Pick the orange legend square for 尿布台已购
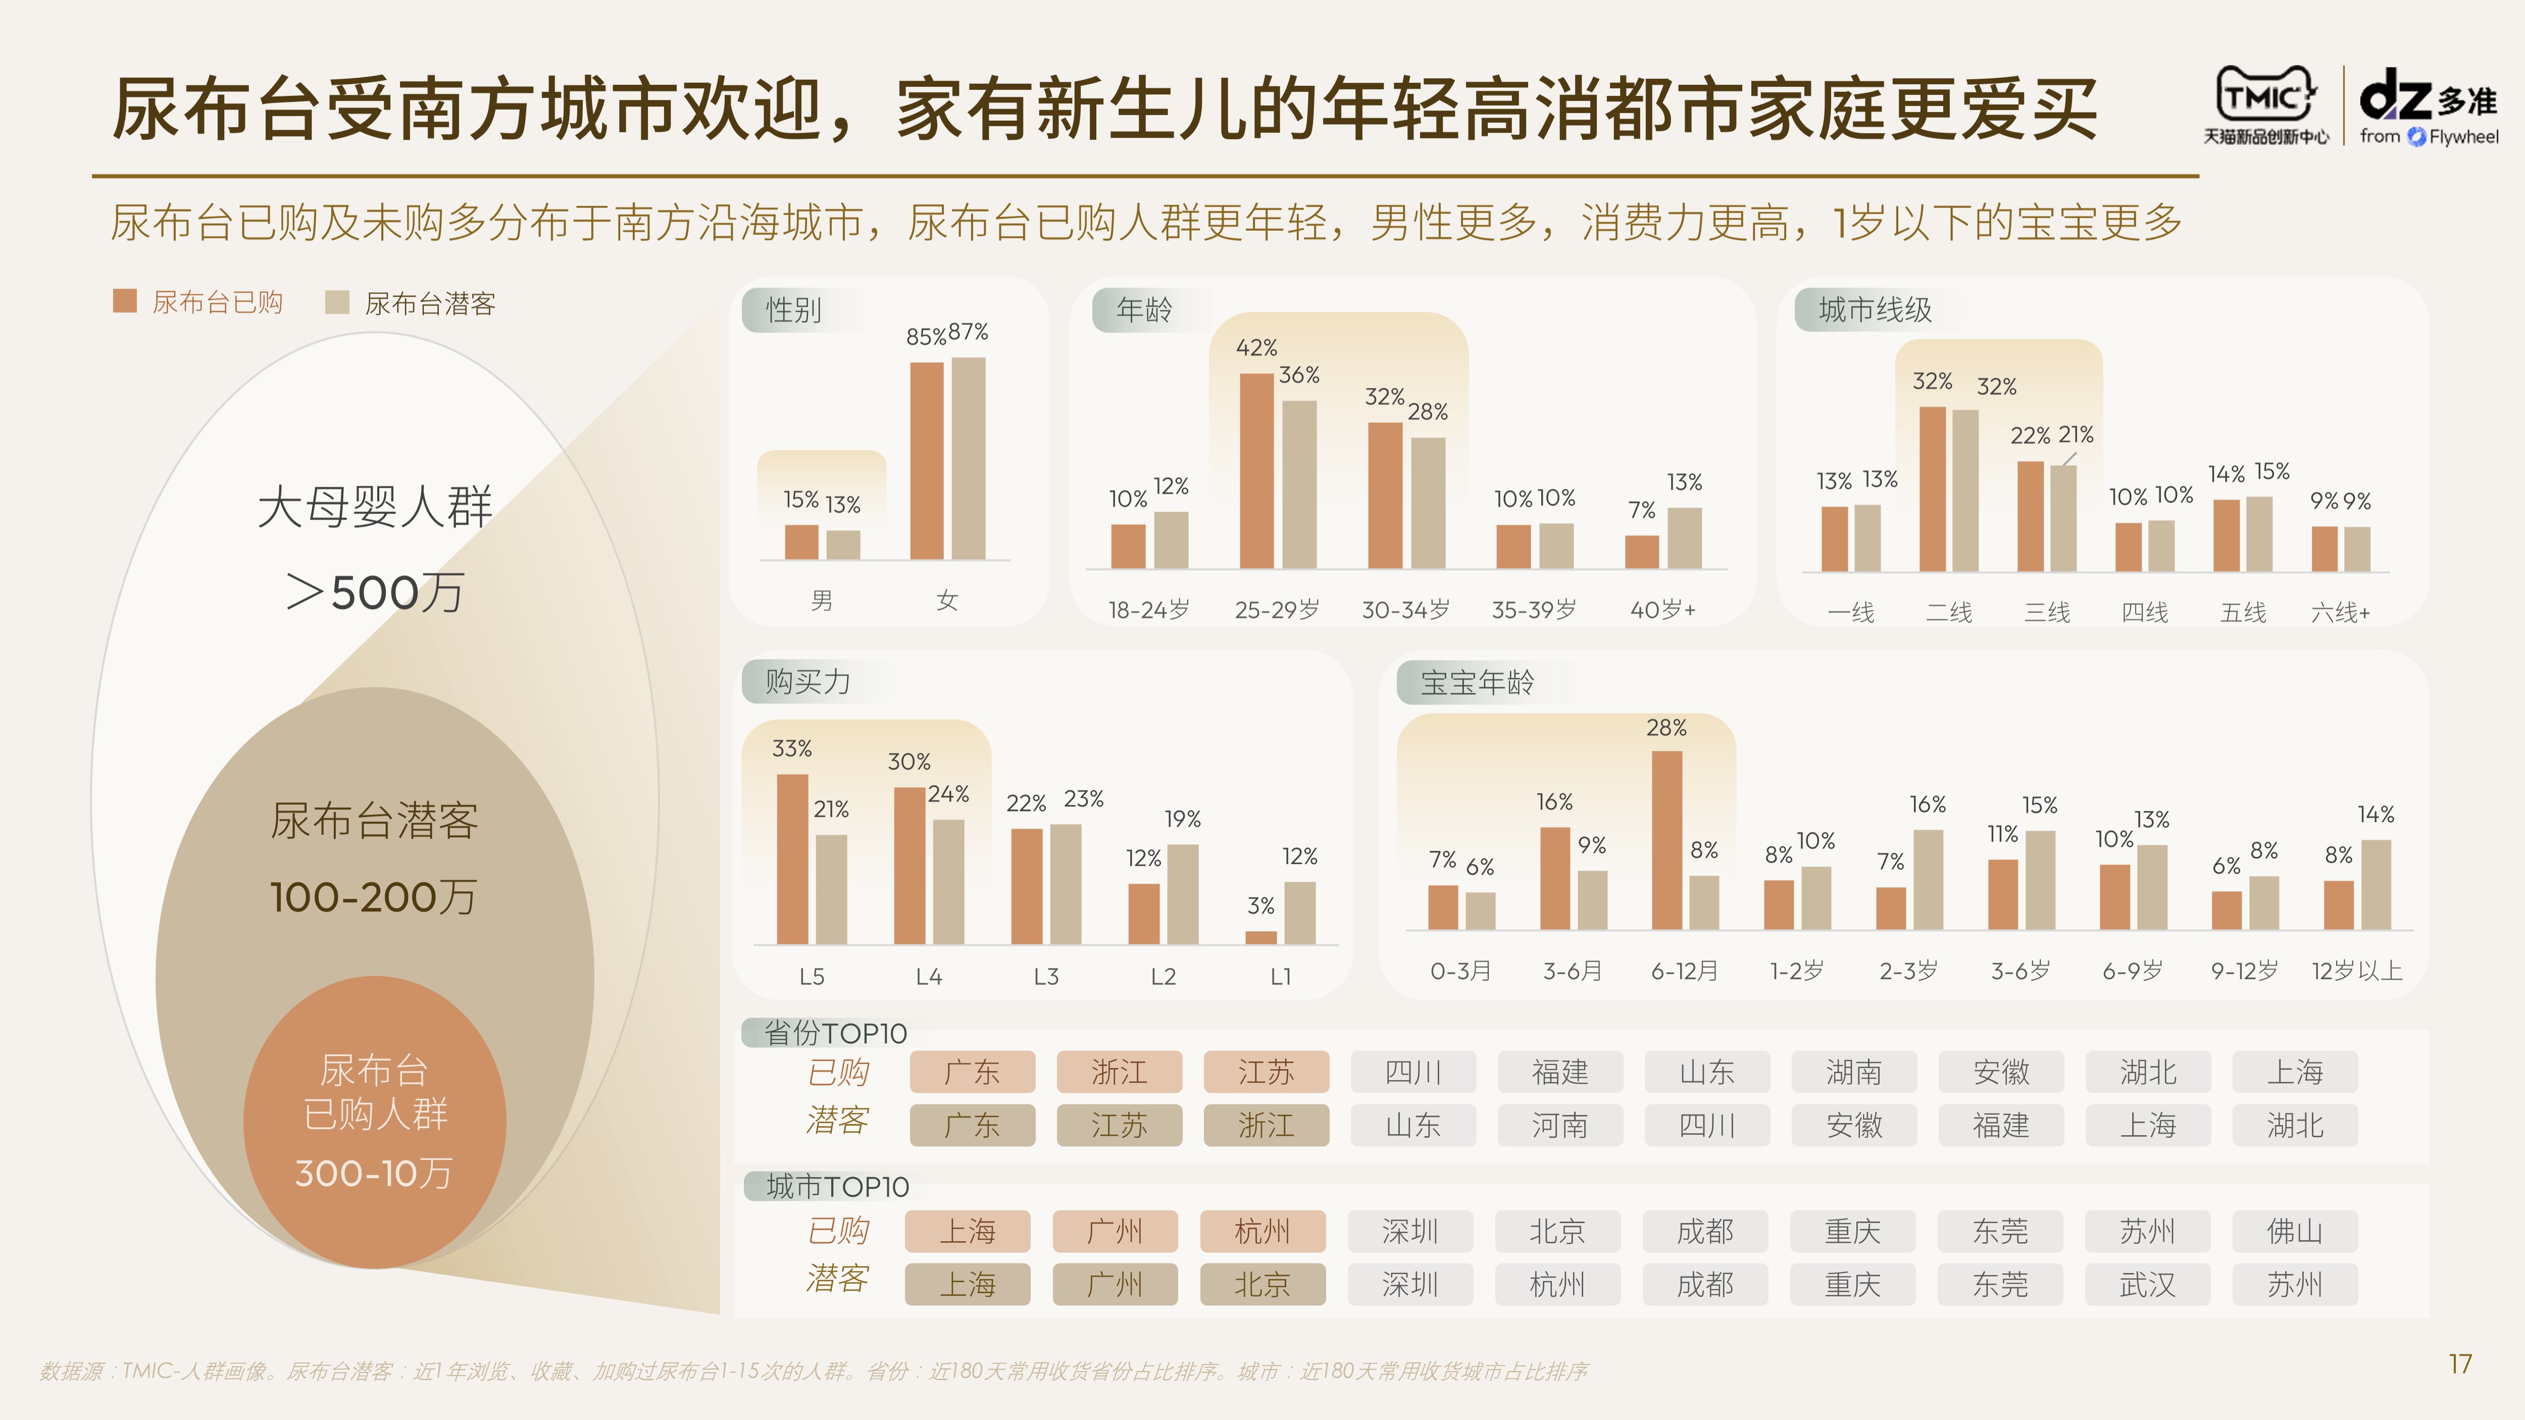click(x=125, y=301)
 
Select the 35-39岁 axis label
click(x=1534, y=610)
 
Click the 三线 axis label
click(x=2048, y=613)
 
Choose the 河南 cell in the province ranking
click(x=1559, y=1125)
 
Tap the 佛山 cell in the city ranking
click(x=2295, y=1231)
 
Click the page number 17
click(x=2459, y=1364)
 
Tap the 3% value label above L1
click(x=1260, y=905)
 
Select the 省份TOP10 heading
click(x=835, y=1033)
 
